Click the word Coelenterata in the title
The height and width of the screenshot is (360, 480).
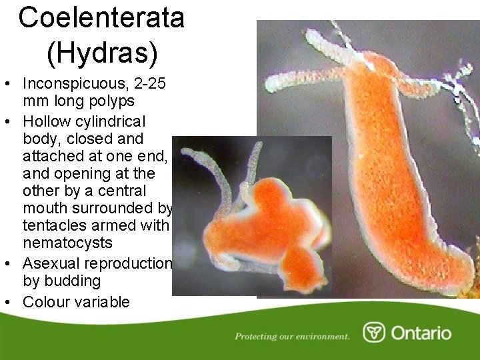(101, 17)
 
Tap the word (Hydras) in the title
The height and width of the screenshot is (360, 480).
(101, 53)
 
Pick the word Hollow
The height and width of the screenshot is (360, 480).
(49, 121)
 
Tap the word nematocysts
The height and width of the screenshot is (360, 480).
(67, 243)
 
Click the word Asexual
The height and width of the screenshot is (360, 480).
(49, 263)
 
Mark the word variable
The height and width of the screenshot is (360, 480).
(104, 302)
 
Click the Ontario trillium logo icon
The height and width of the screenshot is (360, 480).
(373, 332)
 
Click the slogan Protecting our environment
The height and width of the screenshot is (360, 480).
(292, 336)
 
